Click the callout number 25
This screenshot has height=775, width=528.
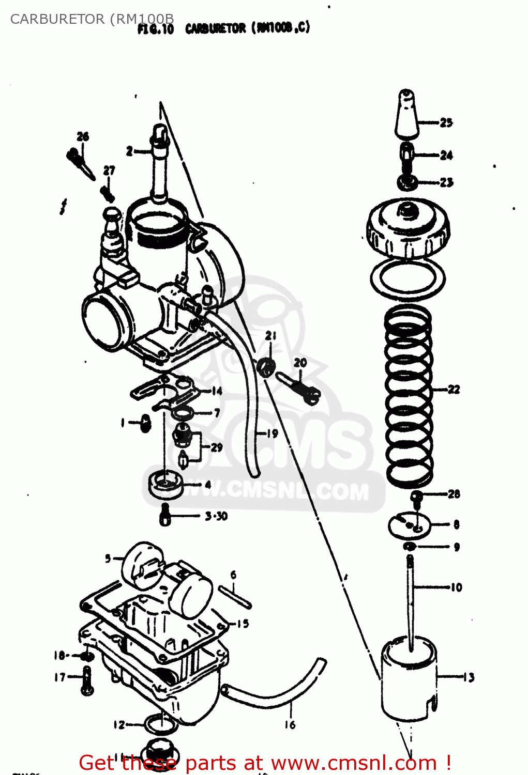point(446,122)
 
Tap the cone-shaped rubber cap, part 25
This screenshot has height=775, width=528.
point(406,115)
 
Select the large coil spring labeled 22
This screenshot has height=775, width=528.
point(408,395)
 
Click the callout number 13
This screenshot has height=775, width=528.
point(469,677)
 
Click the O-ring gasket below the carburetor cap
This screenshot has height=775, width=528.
point(408,280)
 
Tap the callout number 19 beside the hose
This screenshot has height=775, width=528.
point(273,433)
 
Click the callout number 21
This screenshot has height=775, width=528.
point(271,336)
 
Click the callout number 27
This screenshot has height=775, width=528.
point(109,171)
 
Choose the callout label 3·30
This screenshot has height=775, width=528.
point(216,516)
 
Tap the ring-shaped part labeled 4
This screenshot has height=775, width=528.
point(165,485)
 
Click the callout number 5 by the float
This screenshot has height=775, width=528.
point(108,558)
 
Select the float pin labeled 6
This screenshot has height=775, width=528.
point(235,597)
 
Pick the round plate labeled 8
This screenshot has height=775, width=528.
point(409,525)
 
